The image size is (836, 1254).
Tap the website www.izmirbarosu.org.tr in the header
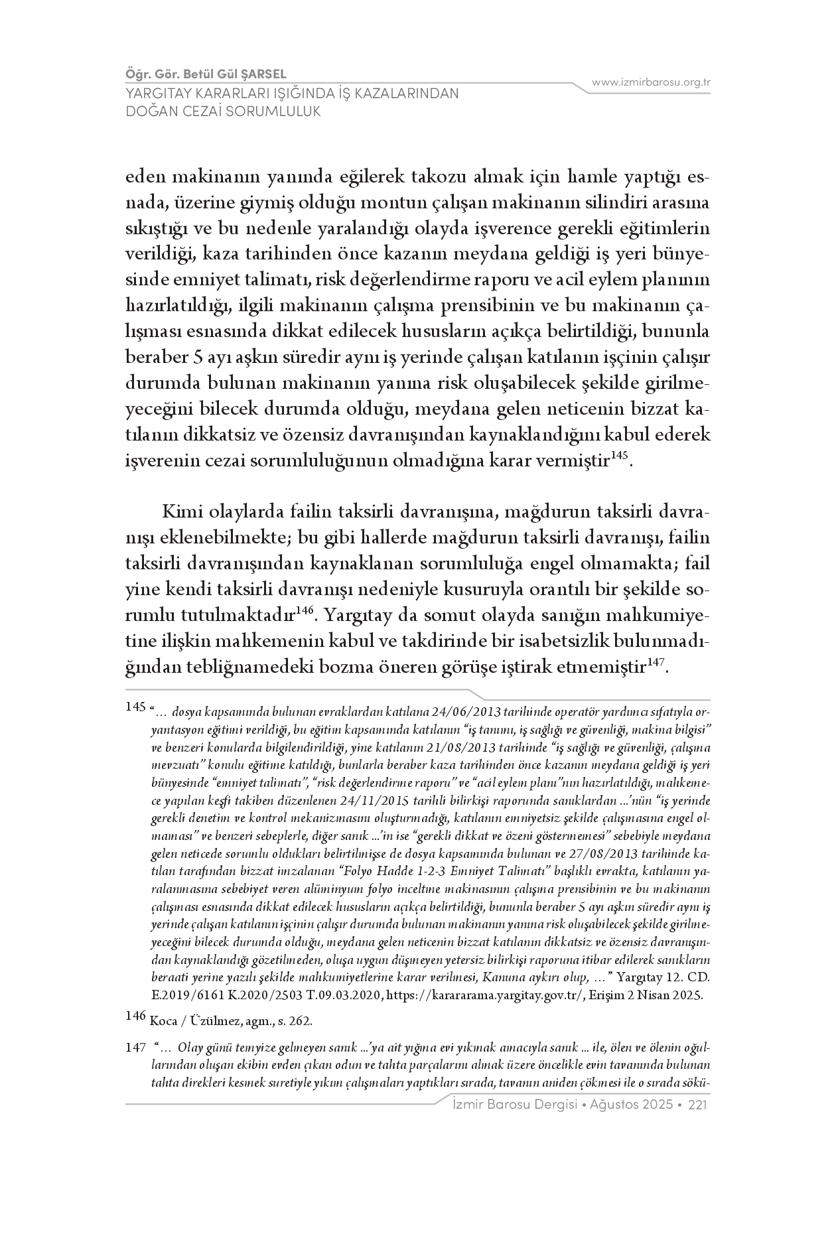[x=651, y=82]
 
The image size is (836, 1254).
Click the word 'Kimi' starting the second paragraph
[x=181, y=514]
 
